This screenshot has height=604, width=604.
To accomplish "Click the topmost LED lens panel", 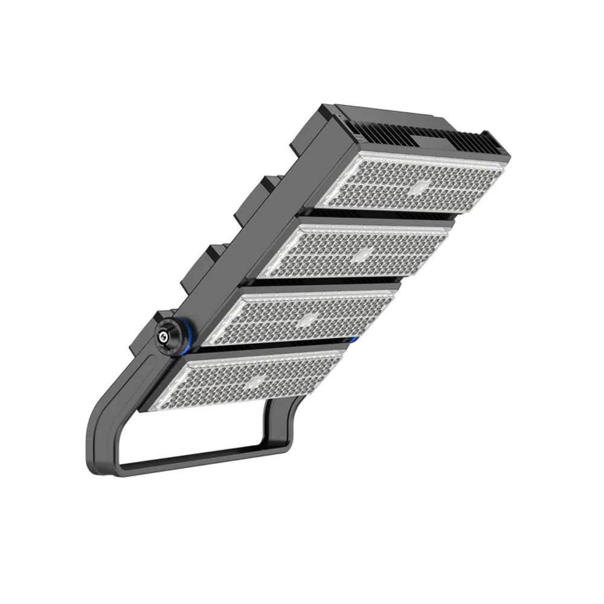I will click(x=417, y=184).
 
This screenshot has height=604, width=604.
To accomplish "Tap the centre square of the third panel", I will click(x=308, y=319).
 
